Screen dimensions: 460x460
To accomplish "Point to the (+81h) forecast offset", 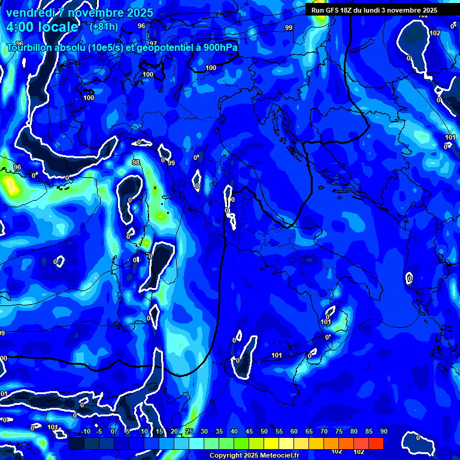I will click(104, 27).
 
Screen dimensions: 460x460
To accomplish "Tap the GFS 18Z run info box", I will click(374, 10).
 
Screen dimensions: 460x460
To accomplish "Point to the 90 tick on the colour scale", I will click(383, 431).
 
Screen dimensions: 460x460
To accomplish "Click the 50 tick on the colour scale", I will click(264, 431).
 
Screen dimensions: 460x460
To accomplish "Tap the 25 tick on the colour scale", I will click(189, 431).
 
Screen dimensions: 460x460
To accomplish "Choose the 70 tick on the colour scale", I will click(324, 431).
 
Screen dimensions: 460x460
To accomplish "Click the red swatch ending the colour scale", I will click(376, 443).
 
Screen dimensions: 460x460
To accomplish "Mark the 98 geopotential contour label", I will click(136, 162).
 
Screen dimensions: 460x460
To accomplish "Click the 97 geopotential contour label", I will click(153, 43).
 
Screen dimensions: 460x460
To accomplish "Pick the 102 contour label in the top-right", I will click(435, 33).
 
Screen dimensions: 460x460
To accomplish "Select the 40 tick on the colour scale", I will click(234, 431).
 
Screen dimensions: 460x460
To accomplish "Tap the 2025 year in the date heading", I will click(139, 13).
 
